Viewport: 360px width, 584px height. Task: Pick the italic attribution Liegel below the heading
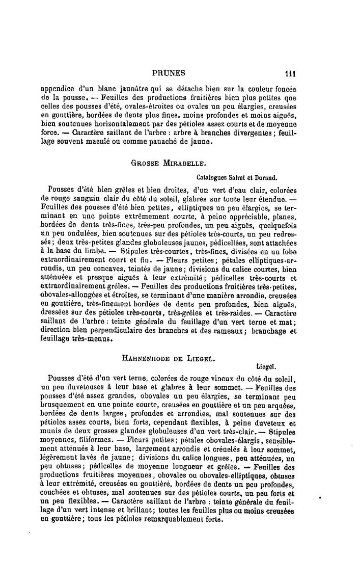(265, 366)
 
